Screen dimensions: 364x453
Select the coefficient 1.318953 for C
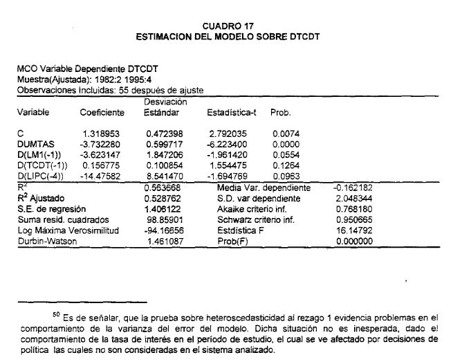101,131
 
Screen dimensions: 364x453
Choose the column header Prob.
279,112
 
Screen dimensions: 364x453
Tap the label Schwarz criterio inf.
252,219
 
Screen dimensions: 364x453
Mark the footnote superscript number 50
46,313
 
